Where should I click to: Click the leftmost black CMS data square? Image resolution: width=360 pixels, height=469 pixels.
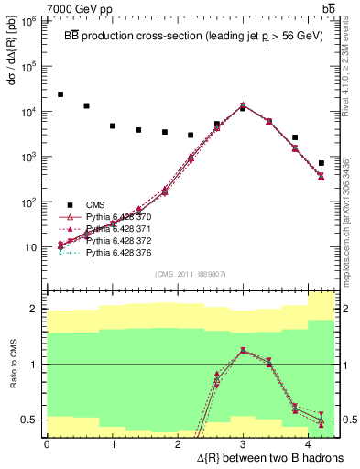60,94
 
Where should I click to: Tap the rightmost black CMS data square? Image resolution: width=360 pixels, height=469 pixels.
321,163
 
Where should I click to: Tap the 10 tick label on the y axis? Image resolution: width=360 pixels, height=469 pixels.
32,247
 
